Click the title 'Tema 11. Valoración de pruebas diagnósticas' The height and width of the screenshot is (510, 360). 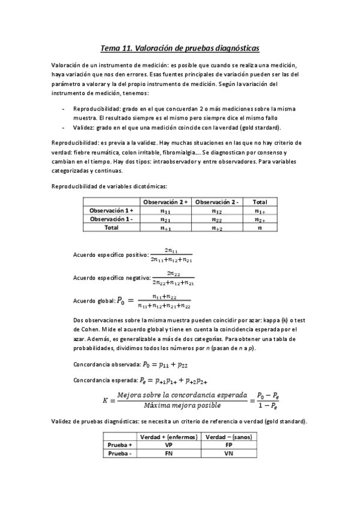coord(180,48)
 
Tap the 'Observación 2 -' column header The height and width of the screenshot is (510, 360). coord(217,202)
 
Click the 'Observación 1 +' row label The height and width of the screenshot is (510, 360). coord(111,211)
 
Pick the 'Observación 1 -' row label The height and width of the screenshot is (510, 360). coord(111,220)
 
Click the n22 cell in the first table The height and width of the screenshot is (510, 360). coord(217,220)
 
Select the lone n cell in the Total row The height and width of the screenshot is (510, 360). coord(260,228)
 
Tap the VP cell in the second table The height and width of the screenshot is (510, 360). coord(169,445)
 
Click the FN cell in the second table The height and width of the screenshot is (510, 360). coord(169,453)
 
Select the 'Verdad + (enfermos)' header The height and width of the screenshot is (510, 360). coord(169,437)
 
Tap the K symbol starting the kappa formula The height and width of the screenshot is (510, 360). coord(106,400)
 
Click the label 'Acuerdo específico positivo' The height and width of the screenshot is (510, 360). coord(109,255)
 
